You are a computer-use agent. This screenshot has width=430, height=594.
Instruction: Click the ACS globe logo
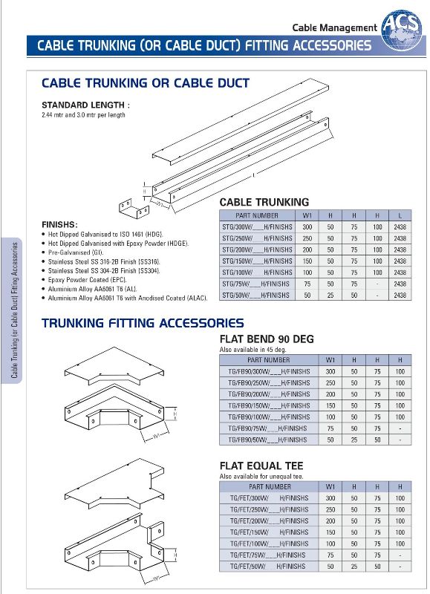(403, 31)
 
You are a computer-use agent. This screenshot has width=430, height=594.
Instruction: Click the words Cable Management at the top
(334, 27)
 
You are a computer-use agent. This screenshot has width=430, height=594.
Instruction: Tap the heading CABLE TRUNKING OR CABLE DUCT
(146, 83)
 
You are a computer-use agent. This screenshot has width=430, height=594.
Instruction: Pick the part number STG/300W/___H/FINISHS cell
(257, 227)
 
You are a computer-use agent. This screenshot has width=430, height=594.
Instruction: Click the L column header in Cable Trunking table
(400, 215)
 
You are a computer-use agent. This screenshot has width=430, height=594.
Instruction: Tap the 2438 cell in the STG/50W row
(400, 295)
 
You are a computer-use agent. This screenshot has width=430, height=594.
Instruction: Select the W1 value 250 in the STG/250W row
(307, 238)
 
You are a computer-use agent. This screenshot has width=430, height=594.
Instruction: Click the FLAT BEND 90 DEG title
(267, 339)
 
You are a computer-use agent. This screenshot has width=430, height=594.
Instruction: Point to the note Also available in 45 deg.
(253, 350)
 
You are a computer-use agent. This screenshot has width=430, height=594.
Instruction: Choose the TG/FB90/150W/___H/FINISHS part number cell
(269, 405)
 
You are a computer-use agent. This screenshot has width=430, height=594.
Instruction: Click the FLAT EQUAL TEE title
(261, 466)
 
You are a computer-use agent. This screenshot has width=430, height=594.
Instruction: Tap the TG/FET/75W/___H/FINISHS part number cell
(269, 555)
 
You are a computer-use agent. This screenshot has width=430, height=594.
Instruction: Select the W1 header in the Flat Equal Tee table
(330, 487)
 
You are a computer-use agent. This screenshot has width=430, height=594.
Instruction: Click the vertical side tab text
(14, 310)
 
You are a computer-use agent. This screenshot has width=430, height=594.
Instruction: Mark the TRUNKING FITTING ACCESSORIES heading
(143, 323)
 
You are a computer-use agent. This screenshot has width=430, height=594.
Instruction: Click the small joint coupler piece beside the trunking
(134, 209)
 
